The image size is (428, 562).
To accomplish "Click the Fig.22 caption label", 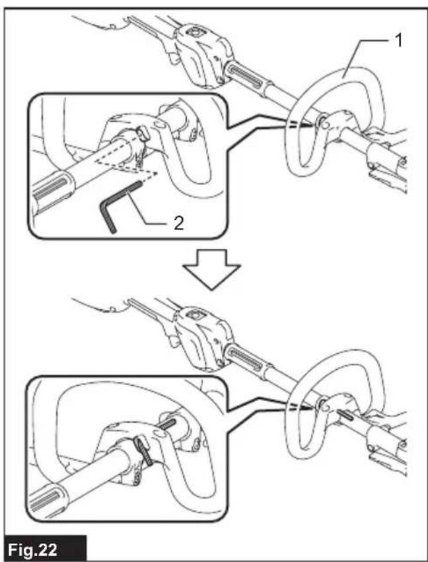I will click(44, 548).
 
